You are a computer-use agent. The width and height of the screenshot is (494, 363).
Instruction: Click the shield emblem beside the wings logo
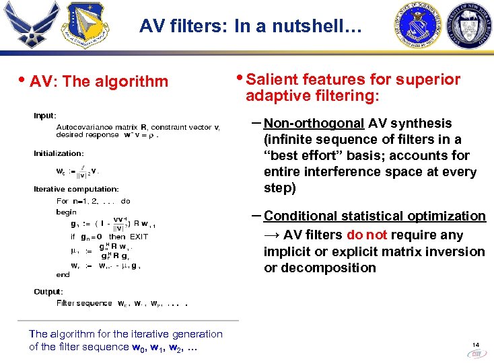pyautogui.click(x=85, y=26)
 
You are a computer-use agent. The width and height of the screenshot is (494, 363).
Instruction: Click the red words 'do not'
pyautogui.click(x=367, y=235)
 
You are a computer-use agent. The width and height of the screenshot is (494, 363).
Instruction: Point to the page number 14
pyautogui.click(x=476, y=343)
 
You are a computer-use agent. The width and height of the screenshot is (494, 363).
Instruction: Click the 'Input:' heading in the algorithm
pyautogui.click(x=45, y=116)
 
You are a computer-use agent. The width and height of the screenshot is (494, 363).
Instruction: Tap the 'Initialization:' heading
pyautogui.click(x=59, y=154)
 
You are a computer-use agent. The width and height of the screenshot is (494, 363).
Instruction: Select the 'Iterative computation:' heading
pyautogui.click(x=76, y=190)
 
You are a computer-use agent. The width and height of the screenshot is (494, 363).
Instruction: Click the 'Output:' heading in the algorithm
pyautogui.click(x=48, y=292)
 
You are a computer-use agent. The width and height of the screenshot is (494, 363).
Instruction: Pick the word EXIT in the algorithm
pyautogui.click(x=139, y=237)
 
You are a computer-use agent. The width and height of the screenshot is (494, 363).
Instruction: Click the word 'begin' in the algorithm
pyautogui.click(x=67, y=212)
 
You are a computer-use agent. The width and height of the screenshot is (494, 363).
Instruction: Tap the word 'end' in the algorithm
pyautogui.click(x=63, y=274)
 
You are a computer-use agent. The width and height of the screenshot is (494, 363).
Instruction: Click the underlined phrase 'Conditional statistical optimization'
pyautogui.click(x=375, y=216)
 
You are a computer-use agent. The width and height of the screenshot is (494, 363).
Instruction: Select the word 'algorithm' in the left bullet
pyautogui.click(x=131, y=82)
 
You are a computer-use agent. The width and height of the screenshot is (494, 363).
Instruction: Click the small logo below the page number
pyautogui.click(x=476, y=353)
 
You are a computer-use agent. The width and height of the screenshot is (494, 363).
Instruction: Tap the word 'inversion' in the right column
pyautogui.click(x=474, y=251)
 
